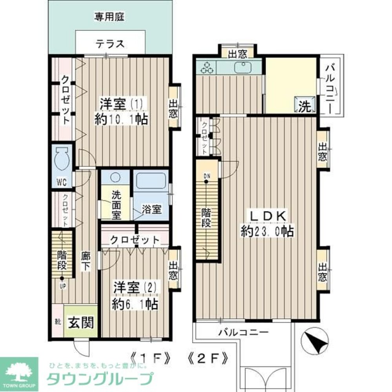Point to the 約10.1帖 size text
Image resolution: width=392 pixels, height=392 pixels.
pyautogui.click(x=121, y=119)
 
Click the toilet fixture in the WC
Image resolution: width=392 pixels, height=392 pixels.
pyautogui.click(x=62, y=159)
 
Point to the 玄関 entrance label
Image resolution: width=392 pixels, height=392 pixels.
pyautogui.click(x=81, y=323)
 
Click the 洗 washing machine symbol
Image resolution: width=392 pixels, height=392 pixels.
pyautogui.click(x=305, y=106)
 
